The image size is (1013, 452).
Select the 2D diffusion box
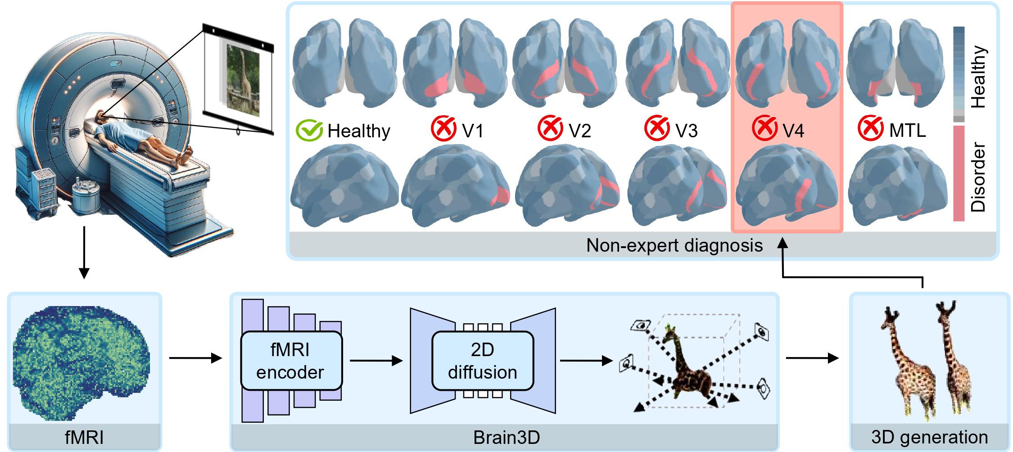pyautogui.click(x=482, y=361)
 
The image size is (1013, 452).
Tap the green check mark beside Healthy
pyautogui.click(x=309, y=131)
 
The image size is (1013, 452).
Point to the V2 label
pyautogui.click(x=579, y=130)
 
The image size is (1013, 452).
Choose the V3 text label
pyautogui.click(x=686, y=130)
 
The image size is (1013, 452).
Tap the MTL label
pyautogui.click(x=907, y=130)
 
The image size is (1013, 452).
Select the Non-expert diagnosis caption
pyautogui.click(x=674, y=245)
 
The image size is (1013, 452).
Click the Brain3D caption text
pyautogui.click(x=506, y=438)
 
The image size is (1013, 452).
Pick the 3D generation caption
pyautogui.click(x=929, y=438)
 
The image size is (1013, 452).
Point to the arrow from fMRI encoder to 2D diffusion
pyautogui.click(x=375, y=361)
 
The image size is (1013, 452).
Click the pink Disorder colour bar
pyautogui.click(x=959, y=173)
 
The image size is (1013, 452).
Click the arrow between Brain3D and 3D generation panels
pyautogui.click(x=812, y=358)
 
